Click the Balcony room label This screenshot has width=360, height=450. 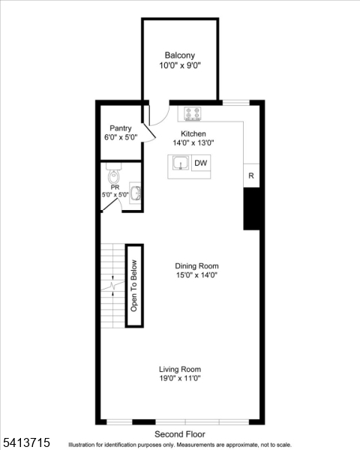click(180, 55)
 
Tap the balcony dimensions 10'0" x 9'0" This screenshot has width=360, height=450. click(180, 66)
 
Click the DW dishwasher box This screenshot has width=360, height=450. click(201, 163)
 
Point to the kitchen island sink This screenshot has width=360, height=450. click(180, 163)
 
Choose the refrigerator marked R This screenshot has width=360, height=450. click(251, 175)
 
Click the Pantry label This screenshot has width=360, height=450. click(121, 128)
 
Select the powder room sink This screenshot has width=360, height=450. click(136, 193)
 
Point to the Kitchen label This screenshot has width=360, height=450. click(193, 133)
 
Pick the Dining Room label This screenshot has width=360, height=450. click(196, 265)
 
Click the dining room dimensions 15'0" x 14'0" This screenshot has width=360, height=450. click(196, 275)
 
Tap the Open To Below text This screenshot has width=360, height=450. click(135, 285)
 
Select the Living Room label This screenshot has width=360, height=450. click(180, 369)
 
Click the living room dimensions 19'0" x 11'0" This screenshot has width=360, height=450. click(180, 379)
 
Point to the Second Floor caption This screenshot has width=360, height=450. click(180, 434)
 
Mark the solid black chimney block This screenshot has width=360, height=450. click(251, 208)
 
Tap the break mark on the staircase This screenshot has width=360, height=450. click(113, 286)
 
